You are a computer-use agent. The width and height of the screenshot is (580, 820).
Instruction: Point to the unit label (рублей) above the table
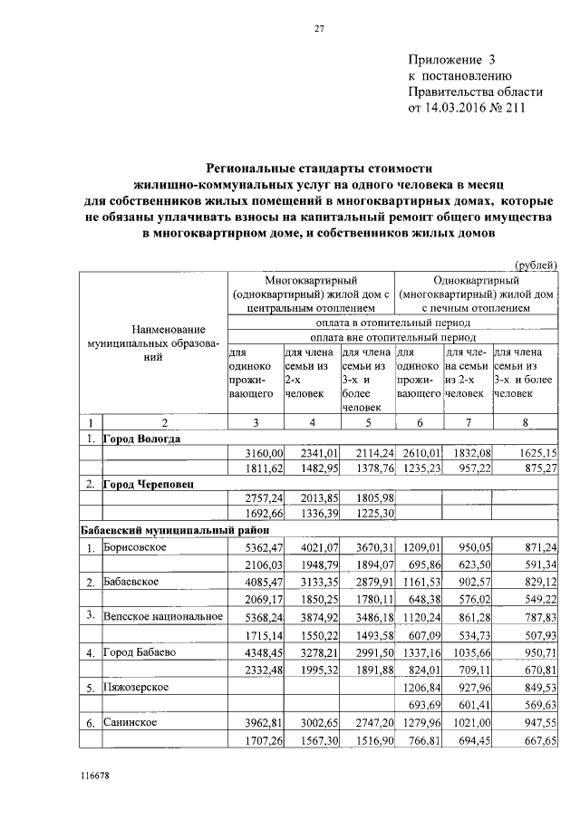(536, 265)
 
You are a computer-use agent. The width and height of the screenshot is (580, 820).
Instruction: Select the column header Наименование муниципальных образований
(152, 343)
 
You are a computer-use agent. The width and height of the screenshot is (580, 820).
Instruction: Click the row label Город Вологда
(141, 439)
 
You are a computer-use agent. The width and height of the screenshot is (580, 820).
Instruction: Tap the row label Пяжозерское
(137, 687)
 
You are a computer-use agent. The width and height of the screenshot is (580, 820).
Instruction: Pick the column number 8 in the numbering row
(525, 422)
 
